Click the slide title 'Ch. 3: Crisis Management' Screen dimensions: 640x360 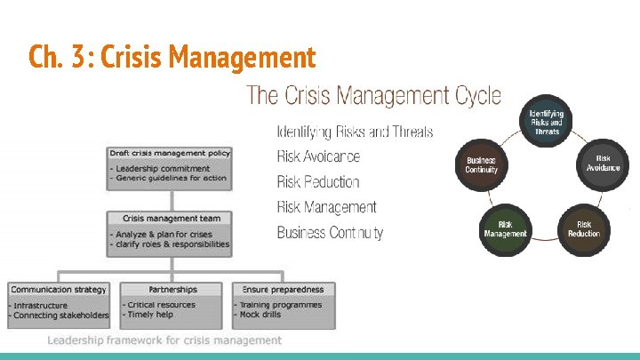(172, 58)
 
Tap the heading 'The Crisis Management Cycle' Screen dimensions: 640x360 (373, 95)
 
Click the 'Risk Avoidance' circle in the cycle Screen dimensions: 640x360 (603, 163)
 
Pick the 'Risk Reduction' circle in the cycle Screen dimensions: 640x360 (584, 228)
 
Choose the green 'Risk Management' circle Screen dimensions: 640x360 (505, 228)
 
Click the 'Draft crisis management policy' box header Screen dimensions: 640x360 (170, 153)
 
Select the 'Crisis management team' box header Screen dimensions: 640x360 (171, 218)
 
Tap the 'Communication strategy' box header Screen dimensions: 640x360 (59, 290)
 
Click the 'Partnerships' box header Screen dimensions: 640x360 (172, 290)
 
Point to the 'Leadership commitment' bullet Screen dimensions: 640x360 (162, 168)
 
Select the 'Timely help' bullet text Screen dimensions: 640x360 (152, 315)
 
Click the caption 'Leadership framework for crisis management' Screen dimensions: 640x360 (164, 340)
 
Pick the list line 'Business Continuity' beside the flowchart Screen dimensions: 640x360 (330, 233)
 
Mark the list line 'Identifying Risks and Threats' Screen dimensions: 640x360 (355, 132)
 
